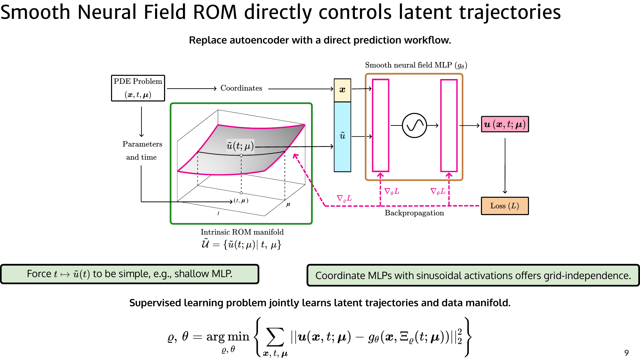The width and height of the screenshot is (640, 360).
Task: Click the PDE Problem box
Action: click(138, 88)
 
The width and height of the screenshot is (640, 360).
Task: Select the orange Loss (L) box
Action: click(505, 206)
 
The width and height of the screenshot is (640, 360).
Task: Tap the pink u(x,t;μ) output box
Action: click(505, 124)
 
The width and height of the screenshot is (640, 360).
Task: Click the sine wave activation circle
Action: click(414, 125)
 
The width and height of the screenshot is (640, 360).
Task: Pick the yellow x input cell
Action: click(342, 90)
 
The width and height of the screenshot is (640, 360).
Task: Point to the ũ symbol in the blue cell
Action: click(342, 136)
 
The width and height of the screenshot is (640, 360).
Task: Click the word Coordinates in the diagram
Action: click(241, 88)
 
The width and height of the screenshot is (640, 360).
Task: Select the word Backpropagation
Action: click(414, 213)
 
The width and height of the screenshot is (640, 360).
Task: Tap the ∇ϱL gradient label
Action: click(344, 198)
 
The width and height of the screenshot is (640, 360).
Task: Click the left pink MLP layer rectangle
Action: click(380, 125)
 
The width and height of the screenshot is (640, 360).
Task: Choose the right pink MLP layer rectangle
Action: click(449, 125)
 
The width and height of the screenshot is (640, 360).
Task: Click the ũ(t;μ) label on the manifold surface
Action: click(240, 146)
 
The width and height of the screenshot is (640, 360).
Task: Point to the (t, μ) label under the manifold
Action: click(241, 201)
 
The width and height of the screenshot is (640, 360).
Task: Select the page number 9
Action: click(626, 353)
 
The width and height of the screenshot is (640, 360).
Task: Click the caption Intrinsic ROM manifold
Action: click(242, 232)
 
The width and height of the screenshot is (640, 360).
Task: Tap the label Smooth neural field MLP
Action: click(408, 65)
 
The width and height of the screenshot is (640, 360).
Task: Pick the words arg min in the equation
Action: click(228, 337)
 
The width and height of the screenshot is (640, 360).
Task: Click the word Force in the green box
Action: click(39, 274)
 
